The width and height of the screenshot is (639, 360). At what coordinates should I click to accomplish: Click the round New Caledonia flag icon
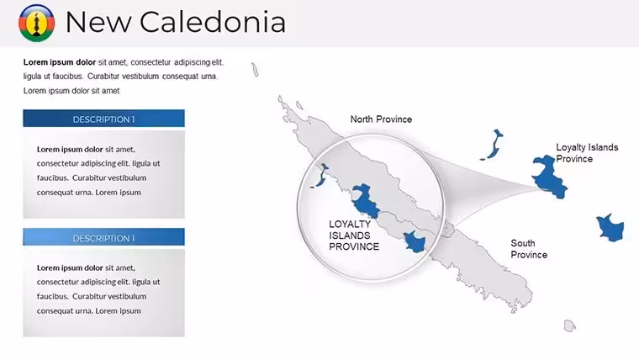coord(37,23)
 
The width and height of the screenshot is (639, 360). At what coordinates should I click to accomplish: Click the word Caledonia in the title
coord(213,22)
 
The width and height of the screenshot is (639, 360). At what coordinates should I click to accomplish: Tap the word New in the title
coord(98,22)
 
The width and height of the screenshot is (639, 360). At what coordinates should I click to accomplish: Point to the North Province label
coord(381,119)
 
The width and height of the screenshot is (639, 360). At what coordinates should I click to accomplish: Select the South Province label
coord(529,249)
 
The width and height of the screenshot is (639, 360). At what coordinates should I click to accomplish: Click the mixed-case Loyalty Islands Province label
coord(587,153)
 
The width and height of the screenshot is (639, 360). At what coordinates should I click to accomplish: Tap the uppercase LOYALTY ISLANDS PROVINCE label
coord(354,236)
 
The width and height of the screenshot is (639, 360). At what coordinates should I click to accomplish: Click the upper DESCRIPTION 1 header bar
coord(103,119)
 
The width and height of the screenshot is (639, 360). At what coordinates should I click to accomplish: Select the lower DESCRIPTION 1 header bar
coord(103,237)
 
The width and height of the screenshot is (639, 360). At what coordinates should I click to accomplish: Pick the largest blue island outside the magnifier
coord(548,177)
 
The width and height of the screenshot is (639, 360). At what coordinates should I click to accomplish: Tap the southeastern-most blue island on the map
coord(610,228)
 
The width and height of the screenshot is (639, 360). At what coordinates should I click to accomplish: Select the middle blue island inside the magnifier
coord(364,201)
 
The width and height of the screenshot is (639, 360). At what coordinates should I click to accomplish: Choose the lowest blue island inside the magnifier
coord(415,241)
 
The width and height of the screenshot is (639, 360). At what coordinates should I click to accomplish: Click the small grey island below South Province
coord(569,326)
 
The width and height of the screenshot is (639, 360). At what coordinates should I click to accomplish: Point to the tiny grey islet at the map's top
coord(255,70)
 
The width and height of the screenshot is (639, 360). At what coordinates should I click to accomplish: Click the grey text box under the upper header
coord(103,174)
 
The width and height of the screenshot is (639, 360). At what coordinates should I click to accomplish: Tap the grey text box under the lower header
coord(103,293)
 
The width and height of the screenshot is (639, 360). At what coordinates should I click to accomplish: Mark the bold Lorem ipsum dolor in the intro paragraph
coord(60,62)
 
